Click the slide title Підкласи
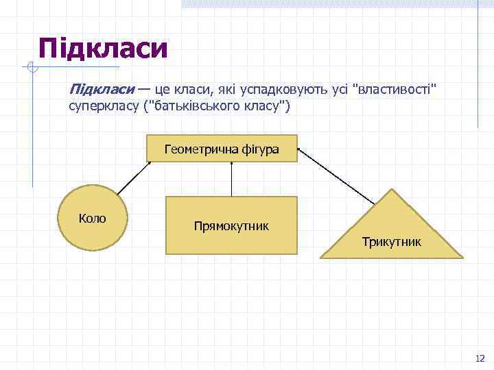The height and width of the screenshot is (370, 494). tap(103, 48)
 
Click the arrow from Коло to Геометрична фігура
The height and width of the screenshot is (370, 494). tap(134, 179)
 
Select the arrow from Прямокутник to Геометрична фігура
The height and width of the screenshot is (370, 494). tap(232, 179)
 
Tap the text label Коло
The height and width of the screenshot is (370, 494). tap(93, 219)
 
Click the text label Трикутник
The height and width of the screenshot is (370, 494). tap(392, 242)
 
